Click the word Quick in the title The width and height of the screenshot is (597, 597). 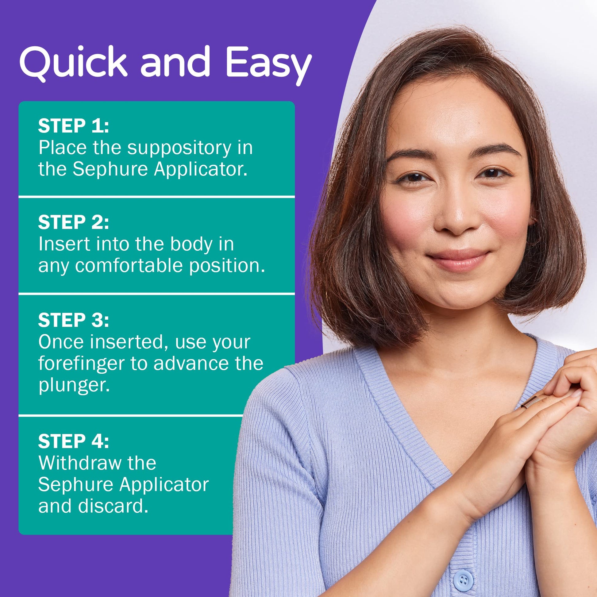(73, 62)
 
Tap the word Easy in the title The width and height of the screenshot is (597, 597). (268, 66)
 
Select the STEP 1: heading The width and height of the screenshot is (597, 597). (74, 126)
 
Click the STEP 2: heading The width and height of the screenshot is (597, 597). (74, 222)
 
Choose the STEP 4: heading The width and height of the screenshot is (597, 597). (74, 441)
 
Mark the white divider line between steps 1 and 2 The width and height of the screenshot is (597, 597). (157, 197)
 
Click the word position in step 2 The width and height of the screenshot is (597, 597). (227, 266)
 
